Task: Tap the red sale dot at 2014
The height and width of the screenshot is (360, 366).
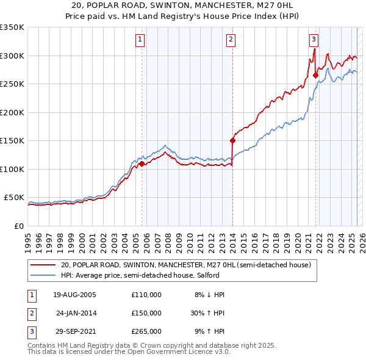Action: tap(232, 140)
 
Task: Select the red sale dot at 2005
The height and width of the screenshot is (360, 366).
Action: tap(142, 164)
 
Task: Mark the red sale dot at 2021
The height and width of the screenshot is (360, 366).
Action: tap(315, 76)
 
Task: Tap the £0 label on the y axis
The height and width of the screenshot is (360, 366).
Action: tap(18, 226)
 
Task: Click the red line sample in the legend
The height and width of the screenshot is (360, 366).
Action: tap(43, 265)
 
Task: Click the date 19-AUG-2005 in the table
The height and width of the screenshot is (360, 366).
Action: tap(74, 294)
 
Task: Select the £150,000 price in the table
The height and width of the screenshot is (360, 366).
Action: tap(146, 312)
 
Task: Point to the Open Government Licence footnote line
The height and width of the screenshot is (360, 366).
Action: tap(129, 352)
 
